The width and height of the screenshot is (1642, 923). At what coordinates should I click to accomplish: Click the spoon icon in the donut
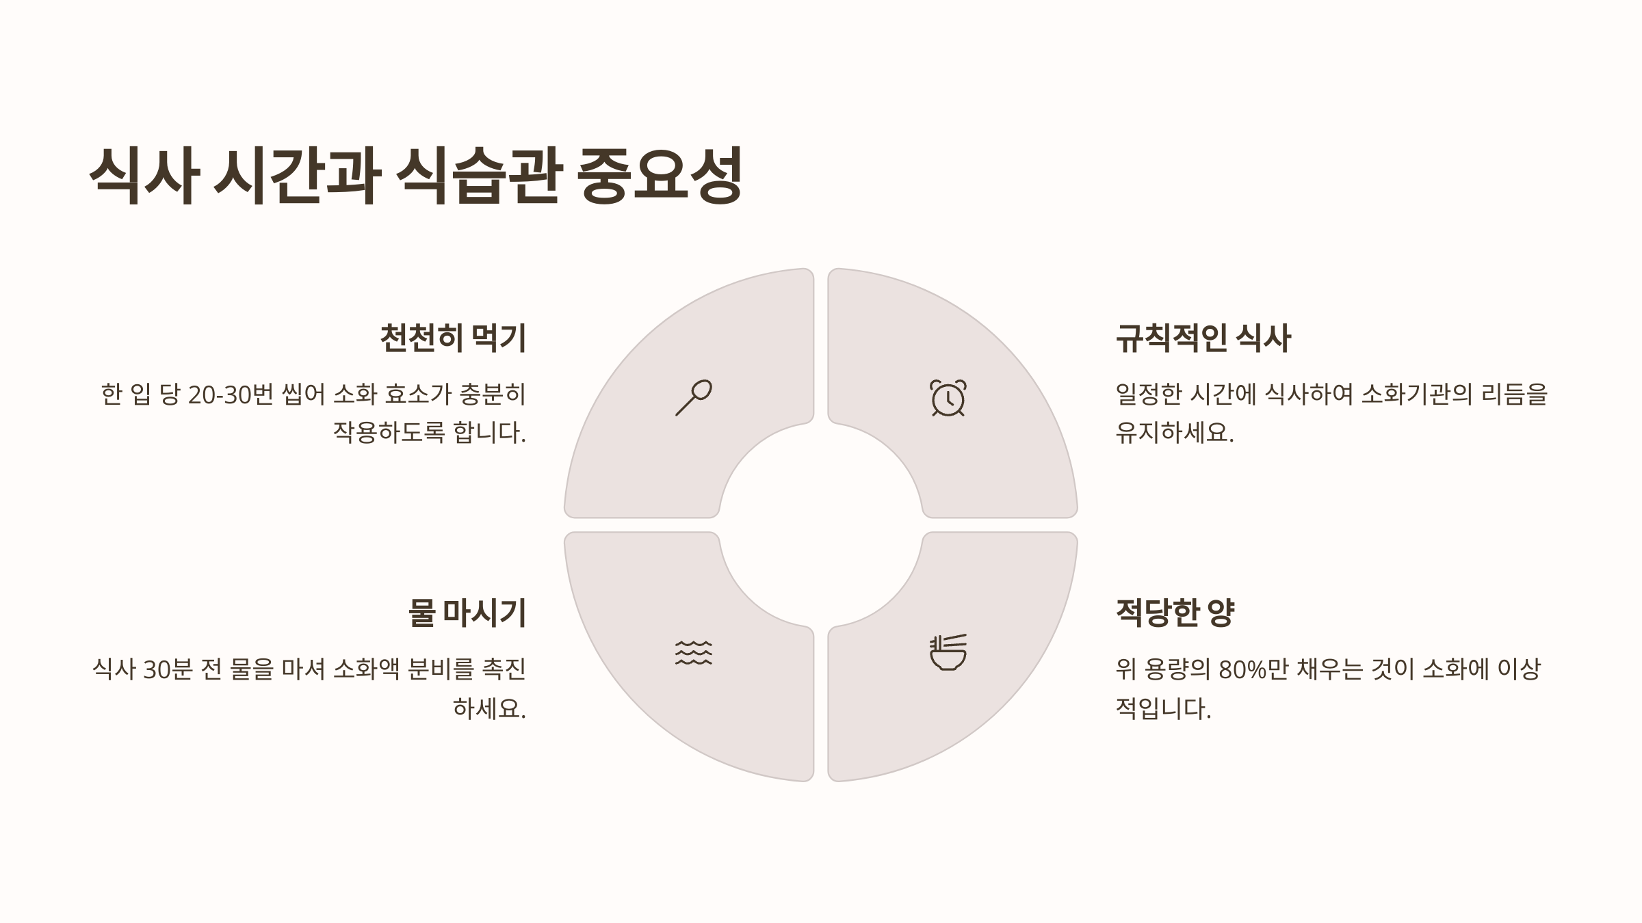(694, 397)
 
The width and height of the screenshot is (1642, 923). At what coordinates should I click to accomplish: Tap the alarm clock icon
(948, 398)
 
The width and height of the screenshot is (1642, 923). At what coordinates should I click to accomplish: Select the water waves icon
(693, 653)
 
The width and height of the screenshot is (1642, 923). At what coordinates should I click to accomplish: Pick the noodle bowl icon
(948, 652)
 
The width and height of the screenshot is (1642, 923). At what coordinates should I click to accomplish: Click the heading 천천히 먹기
(453, 338)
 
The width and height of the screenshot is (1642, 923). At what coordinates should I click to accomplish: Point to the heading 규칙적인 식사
(1203, 338)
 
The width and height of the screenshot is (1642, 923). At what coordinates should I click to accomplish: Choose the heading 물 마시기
(467, 613)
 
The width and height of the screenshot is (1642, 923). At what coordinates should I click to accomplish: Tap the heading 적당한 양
(1175, 613)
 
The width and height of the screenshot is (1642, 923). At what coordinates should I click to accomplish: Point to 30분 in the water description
(168, 669)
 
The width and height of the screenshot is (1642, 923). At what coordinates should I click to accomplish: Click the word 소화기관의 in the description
(1416, 395)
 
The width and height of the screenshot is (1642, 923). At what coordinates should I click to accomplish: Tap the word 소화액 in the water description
(366, 669)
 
